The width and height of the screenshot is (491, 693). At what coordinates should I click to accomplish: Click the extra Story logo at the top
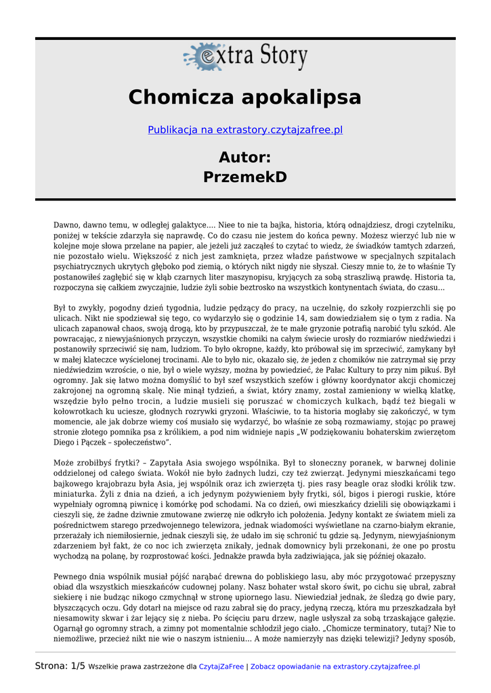(x=245, y=56)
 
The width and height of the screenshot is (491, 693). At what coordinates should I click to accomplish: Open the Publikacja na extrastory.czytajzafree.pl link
(x=245, y=129)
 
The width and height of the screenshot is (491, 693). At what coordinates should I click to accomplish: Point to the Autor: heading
(x=245, y=158)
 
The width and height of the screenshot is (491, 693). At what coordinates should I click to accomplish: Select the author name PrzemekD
(x=245, y=177)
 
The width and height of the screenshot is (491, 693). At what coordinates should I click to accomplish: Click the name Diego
(x=66, y=443)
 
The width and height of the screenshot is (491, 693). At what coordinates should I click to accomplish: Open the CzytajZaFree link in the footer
(x=221, y=667)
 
